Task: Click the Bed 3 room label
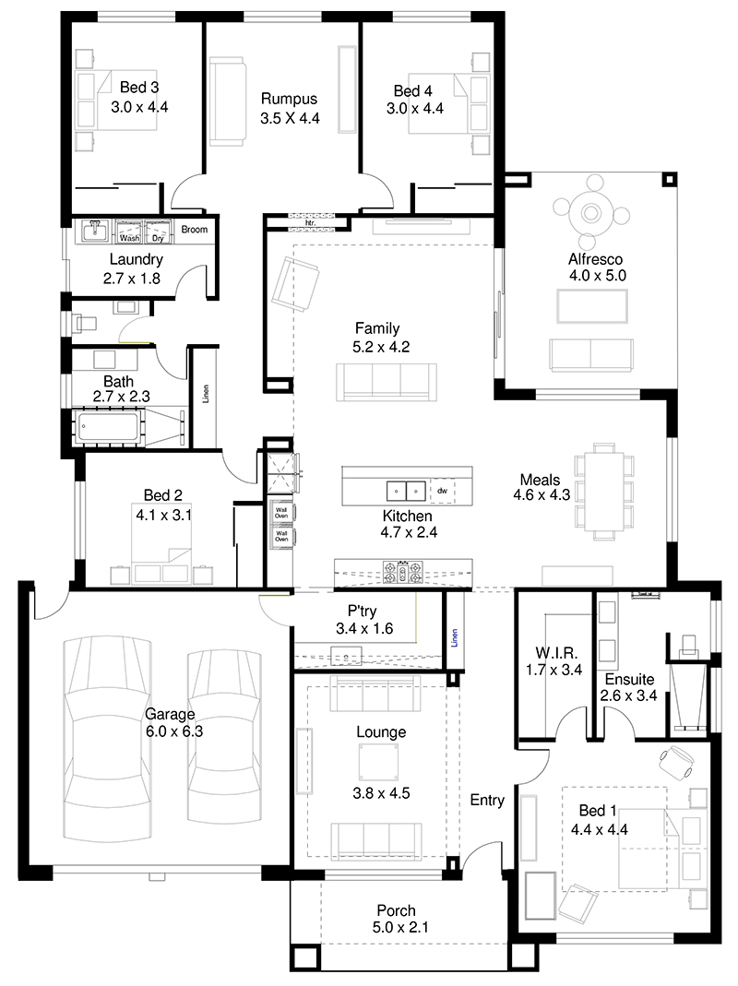(139, 88)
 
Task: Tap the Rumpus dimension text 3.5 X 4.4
(290, 118)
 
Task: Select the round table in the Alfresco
(590, 213)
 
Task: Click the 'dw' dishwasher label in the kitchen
(442, 491)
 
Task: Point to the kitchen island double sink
(406, 491)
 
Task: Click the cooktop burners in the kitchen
(402, 572)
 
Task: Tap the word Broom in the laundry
(195, 230)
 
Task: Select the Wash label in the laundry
(129, 238)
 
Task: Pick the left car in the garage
(108, 740)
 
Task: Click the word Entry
(488, 801)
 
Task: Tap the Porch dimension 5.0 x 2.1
(400, 928)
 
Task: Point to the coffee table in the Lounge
(379, 763)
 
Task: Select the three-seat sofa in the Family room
(387, 382)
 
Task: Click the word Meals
(540, 480)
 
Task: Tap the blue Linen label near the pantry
(454, 637)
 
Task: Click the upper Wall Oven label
(281, 513)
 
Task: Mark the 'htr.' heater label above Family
(310, 222)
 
